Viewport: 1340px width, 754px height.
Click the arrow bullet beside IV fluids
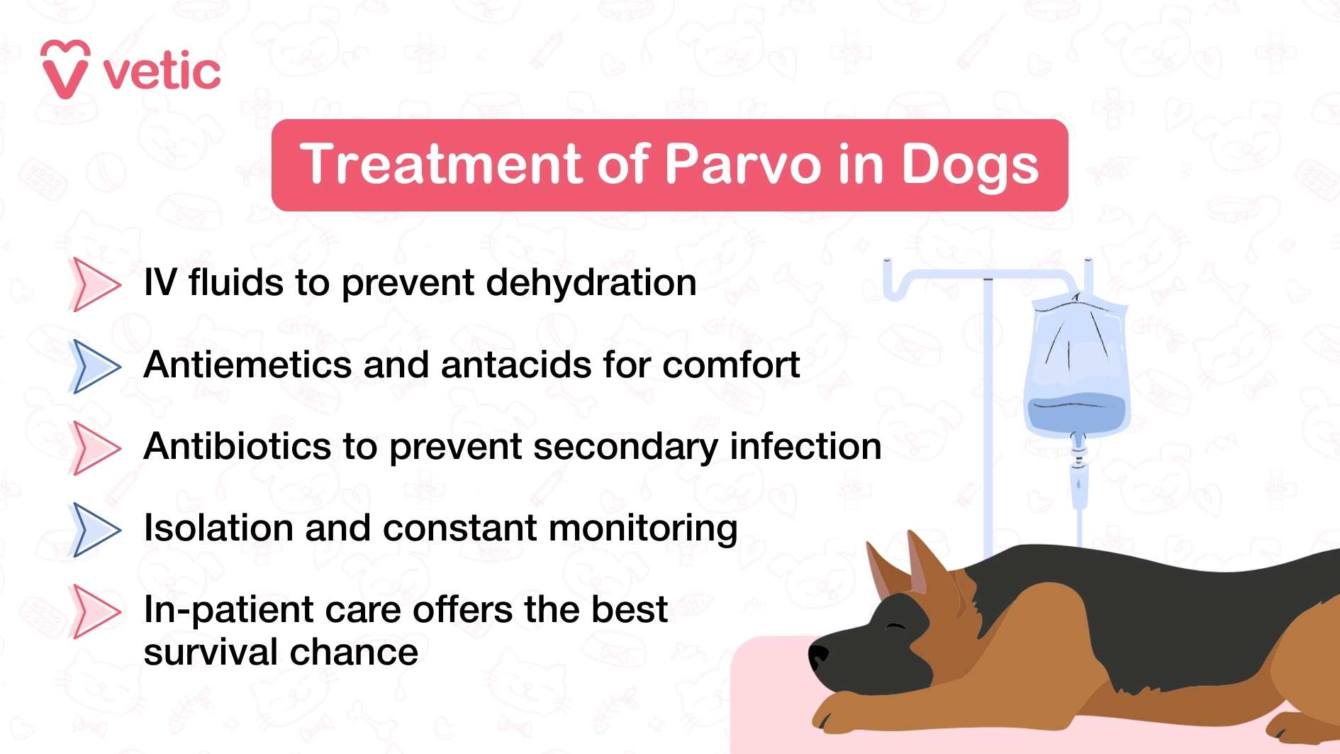click(x=95, y=284)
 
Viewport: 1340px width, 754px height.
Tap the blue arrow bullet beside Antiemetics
click(x=95, y=366)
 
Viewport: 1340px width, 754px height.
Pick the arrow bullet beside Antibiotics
click(x=95, y=448)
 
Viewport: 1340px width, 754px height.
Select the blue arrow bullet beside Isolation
click(x=95, y=529)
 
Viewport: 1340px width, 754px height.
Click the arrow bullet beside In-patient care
click(x=95, y=611)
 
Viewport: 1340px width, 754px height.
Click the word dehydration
click(x=591, y=283)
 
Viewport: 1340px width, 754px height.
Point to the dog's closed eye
click(x=896, y=626)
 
